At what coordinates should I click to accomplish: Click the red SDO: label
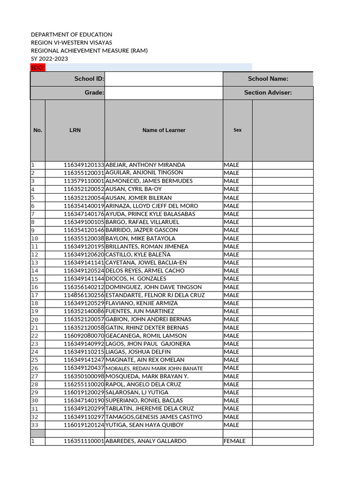[x=37, y=68]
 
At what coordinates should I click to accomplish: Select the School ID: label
[x=89, y=79]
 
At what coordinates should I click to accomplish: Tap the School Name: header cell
[x=268, y=79]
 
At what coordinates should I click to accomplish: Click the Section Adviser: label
[x=268, y=93]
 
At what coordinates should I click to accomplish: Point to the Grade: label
[x=94, y=93]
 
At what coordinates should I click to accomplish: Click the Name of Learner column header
[x=164, y=130]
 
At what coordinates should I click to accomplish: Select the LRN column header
[x=75, y=130]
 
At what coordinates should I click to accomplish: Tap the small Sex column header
[x=238, y=130]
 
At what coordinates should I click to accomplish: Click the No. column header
[x=37, y=130]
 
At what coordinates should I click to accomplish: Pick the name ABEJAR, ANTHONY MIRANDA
[x=145, y=165]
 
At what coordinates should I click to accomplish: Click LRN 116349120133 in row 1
[x=84, y=165]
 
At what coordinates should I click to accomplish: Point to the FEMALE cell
[x=234, y=441]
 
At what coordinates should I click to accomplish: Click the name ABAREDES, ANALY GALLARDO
[x=146, y=441]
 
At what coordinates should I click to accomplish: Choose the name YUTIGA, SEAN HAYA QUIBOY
[x=144, y=425]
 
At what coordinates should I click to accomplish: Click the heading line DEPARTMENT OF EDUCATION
[x=71, y=35]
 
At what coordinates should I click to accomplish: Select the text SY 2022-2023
[x=49, y=59]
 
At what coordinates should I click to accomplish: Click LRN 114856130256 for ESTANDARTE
[x=84, y=295]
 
